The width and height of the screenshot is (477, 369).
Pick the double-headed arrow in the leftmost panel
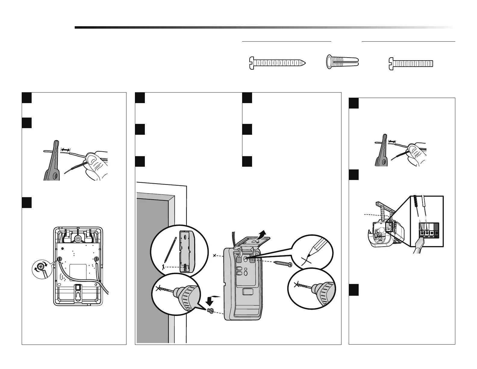(65, 149)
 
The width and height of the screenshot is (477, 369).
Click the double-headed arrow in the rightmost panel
(392, 141)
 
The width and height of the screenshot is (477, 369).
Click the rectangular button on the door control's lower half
(248, 292)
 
